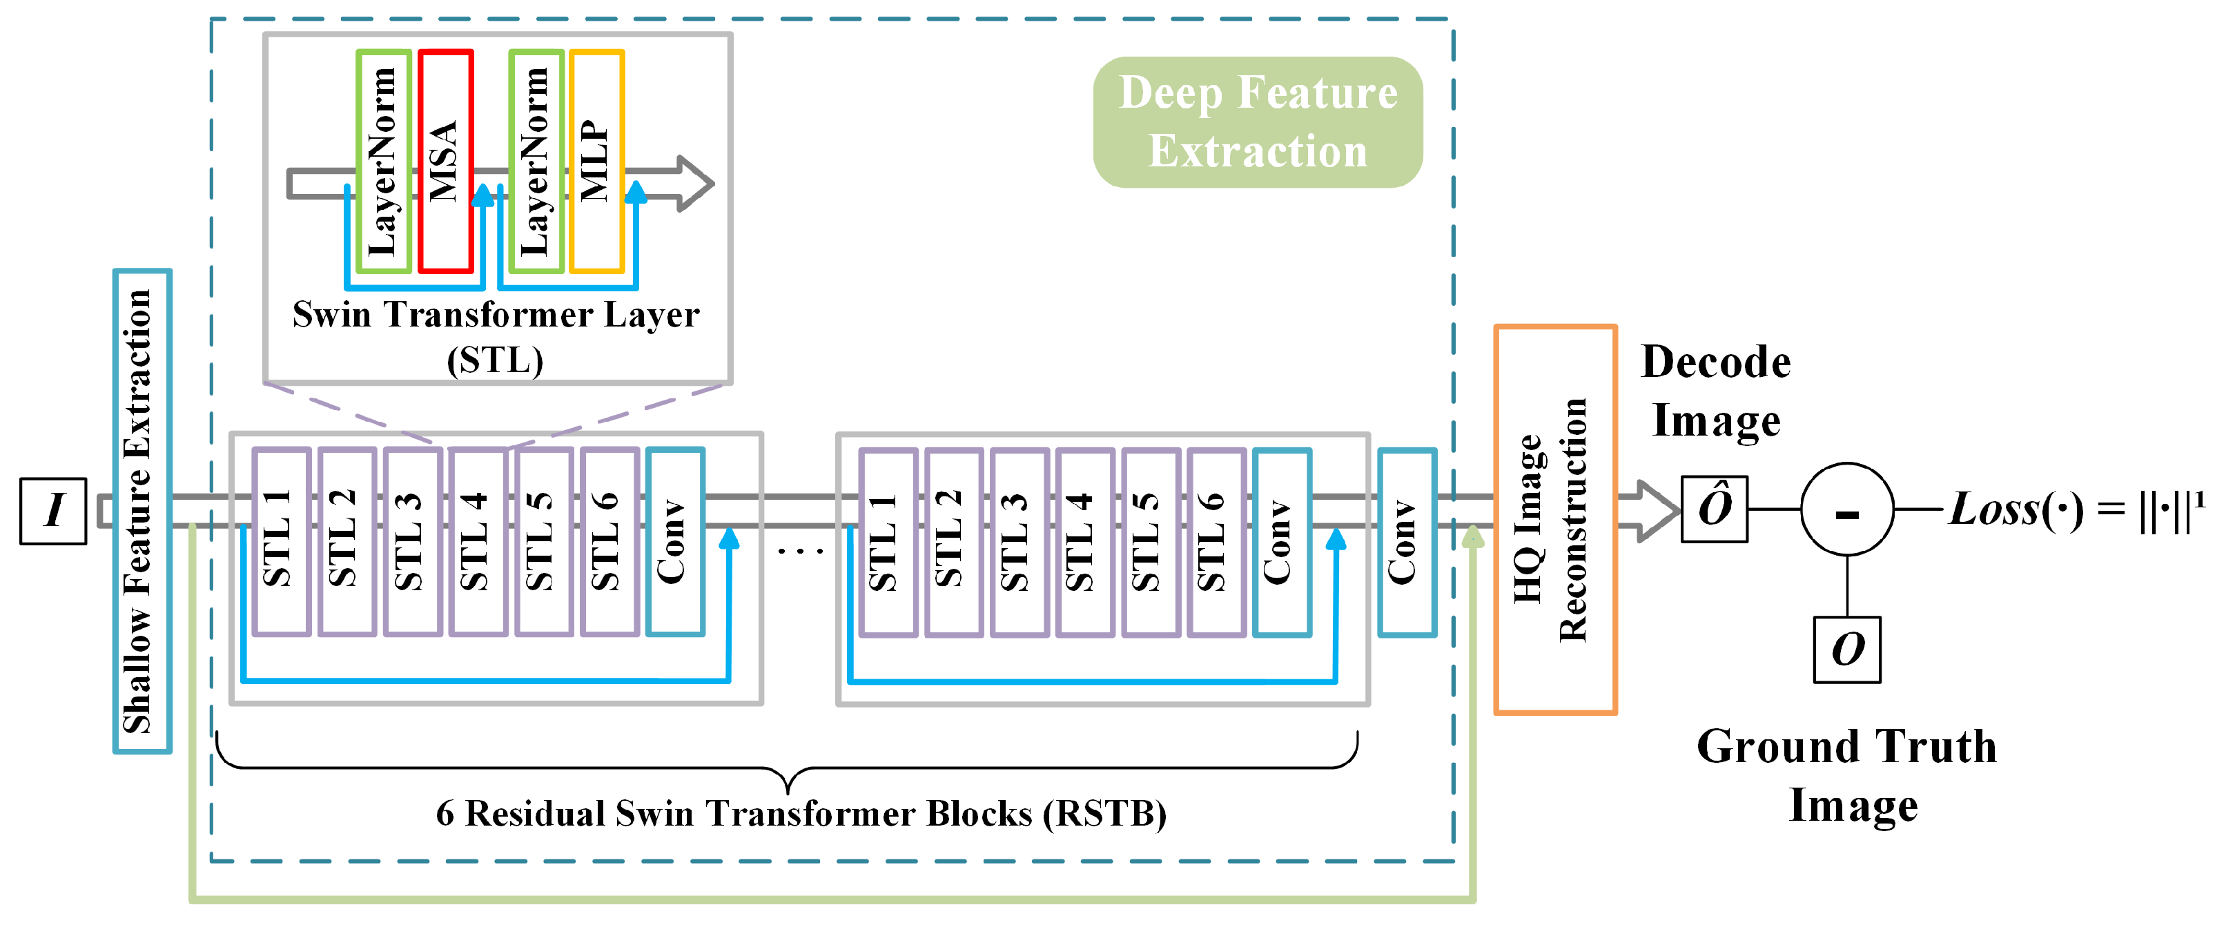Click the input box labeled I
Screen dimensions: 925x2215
53,511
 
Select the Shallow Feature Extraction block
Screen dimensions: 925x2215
142,511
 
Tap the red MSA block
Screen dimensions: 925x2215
445,161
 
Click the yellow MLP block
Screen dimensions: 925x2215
597,161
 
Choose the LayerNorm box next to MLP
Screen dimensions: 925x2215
536,161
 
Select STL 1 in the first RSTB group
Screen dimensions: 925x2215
281,542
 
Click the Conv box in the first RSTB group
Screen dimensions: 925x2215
675,542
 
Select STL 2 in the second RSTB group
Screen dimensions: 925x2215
954,542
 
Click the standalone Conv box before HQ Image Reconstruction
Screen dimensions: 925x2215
1407,542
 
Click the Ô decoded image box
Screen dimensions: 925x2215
1714,509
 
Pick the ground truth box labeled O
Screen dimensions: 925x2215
1846,649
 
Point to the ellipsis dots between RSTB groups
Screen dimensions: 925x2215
800,550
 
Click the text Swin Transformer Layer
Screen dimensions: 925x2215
496,315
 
